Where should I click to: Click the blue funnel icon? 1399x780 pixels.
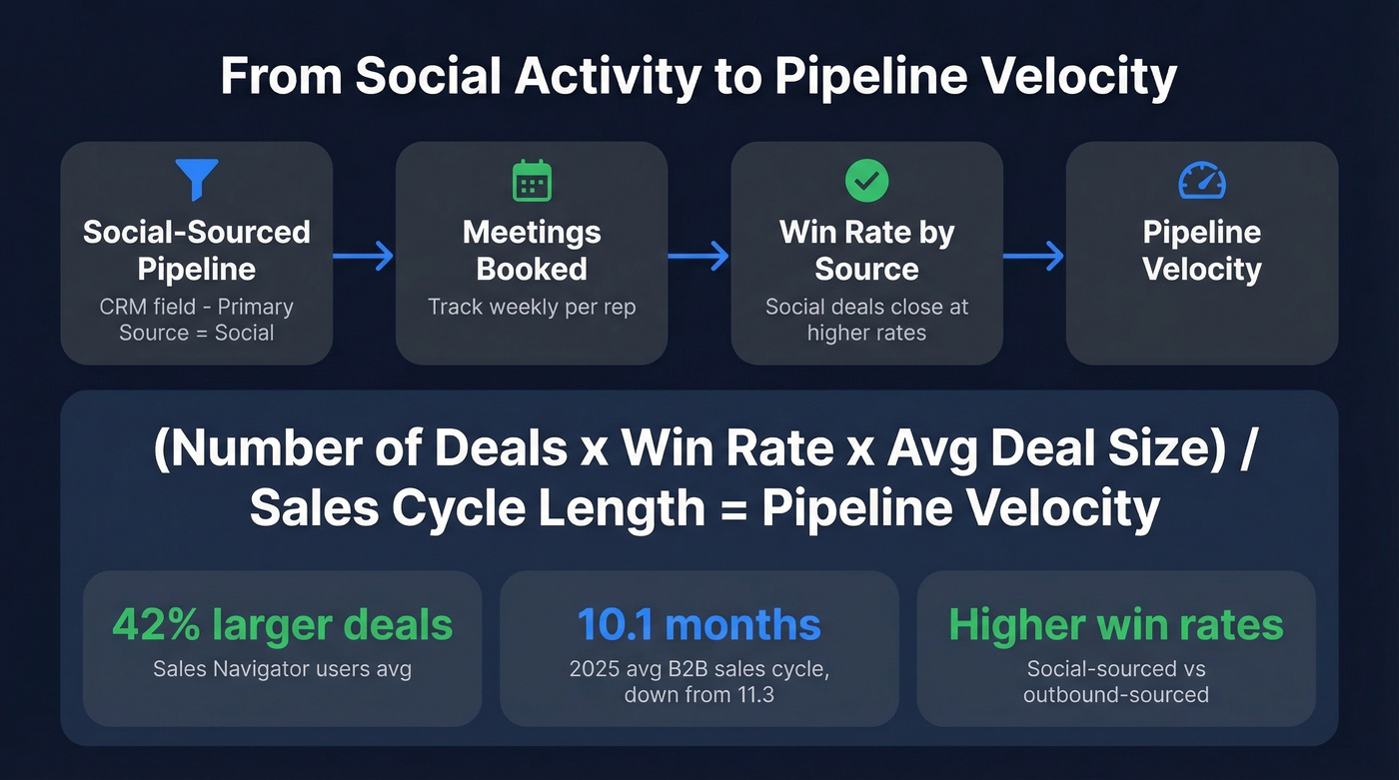[x=196, y=180]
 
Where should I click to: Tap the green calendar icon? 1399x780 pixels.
[x=532, y=181]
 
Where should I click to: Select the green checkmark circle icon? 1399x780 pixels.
[x=866, y=181]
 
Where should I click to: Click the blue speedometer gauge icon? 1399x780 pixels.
[x=1202, y=181]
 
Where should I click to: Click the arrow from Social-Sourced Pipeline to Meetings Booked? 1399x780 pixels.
[x=364, y=258]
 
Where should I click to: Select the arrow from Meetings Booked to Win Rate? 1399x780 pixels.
[x=699, y=258]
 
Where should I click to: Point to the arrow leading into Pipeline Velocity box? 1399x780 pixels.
[x=1034, y=258]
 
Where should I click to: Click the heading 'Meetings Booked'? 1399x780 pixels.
[x=532, y=251]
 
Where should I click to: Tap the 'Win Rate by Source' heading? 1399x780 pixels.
[x=866, y=251]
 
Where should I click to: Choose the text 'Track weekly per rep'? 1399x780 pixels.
[x=532, y=307]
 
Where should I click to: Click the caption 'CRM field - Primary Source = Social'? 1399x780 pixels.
[x=196, y=320]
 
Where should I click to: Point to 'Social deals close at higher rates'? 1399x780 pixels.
[x=866, y=320]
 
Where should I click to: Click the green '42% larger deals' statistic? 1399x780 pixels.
[x=282, y=625]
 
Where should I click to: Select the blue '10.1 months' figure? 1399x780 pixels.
[x=699, y=625]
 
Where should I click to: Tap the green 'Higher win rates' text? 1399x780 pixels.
[x=1115, y=625]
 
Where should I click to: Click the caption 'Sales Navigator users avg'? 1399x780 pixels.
[x=282, y=669]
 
